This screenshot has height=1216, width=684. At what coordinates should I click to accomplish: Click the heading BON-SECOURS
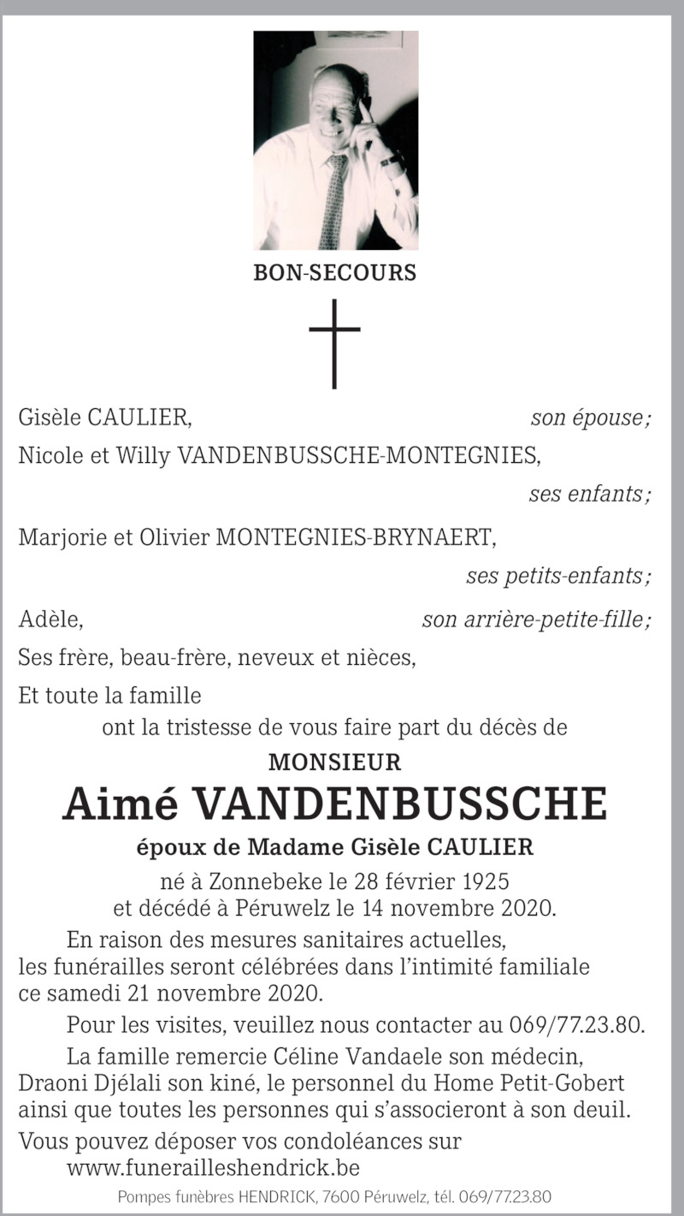click(x=334, y=273)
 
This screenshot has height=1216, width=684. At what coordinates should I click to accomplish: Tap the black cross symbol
click(x=334, y=342)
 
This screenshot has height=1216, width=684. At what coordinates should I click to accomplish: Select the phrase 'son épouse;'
click(x=591, y=418)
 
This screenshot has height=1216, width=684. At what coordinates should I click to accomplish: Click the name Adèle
click(x=50, y=619)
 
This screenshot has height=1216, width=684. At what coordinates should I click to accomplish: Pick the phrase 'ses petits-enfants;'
click(x=557, y=576)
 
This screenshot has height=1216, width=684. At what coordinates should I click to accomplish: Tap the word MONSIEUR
click(x=334, y=762)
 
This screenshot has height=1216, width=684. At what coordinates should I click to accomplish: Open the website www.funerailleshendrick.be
click(x=213, y=1167)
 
